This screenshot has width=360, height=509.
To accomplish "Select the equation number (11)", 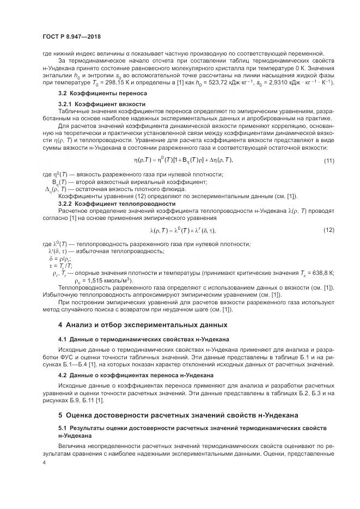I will (328, 160).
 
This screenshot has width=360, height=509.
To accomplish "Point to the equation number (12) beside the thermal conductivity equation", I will (328, 230).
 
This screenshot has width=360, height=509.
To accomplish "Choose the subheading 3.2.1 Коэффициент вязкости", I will (102, 103).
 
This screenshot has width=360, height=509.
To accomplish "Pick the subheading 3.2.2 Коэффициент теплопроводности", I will (117, 204).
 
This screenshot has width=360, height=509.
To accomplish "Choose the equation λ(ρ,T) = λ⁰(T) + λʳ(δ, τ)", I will (180, 230).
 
